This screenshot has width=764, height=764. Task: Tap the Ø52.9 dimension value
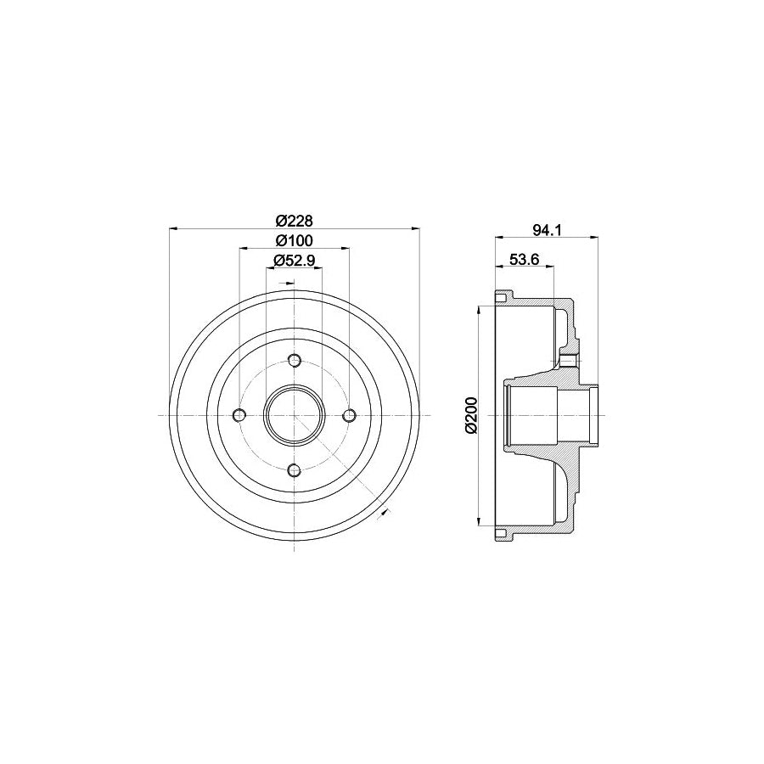pos(295,260)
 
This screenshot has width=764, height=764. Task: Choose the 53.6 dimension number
pos(525,260)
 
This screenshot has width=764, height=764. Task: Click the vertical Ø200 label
pos(473,414)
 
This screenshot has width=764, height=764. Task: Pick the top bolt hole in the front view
pos(295,359)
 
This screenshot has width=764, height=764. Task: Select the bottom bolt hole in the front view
pos(295,470)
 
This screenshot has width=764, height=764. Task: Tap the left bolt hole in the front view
pos(239,414)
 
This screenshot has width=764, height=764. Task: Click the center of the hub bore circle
pos(295,414)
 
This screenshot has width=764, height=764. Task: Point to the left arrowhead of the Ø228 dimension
pos(173,228)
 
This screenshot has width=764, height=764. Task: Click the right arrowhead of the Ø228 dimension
pos(417,228)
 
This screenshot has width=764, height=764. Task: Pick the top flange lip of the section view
pos(502,296)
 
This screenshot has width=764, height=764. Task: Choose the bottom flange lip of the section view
pos(502,534)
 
